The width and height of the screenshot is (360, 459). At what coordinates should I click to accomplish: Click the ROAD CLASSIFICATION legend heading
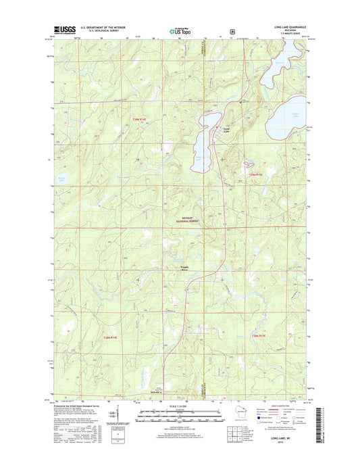tap(282, 405)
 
